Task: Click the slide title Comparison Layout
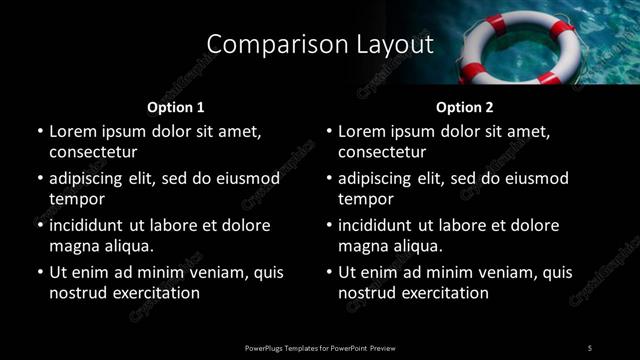click(319, 45)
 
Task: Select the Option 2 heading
click(464, 106)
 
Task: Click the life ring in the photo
click(513, 45)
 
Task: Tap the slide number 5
click(590, 348)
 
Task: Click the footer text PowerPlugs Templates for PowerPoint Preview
click(319, 348)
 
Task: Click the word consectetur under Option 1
click(93, 152)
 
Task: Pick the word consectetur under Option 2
click(382, 152)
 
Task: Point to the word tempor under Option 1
click(77, 199)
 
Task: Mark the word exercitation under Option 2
click(439, 293)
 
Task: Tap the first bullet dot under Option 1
click(39, 131)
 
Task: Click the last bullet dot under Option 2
click(328, 272)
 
